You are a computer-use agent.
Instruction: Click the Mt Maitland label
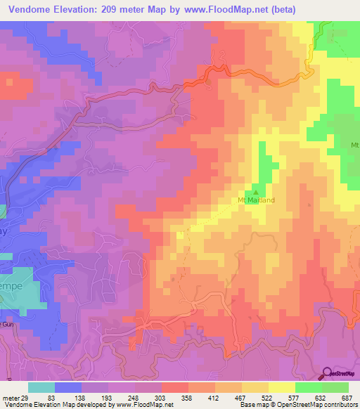tap(256, 200)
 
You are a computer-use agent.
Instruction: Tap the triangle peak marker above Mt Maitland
tap(257, 190)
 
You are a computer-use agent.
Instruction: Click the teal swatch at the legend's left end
tap(41, 387)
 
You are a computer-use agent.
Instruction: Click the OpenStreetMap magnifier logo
tap(326, 373)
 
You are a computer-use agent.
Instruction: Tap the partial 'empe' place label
tap(11, 288)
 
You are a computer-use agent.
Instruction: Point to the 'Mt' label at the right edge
tap(354, 145)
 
